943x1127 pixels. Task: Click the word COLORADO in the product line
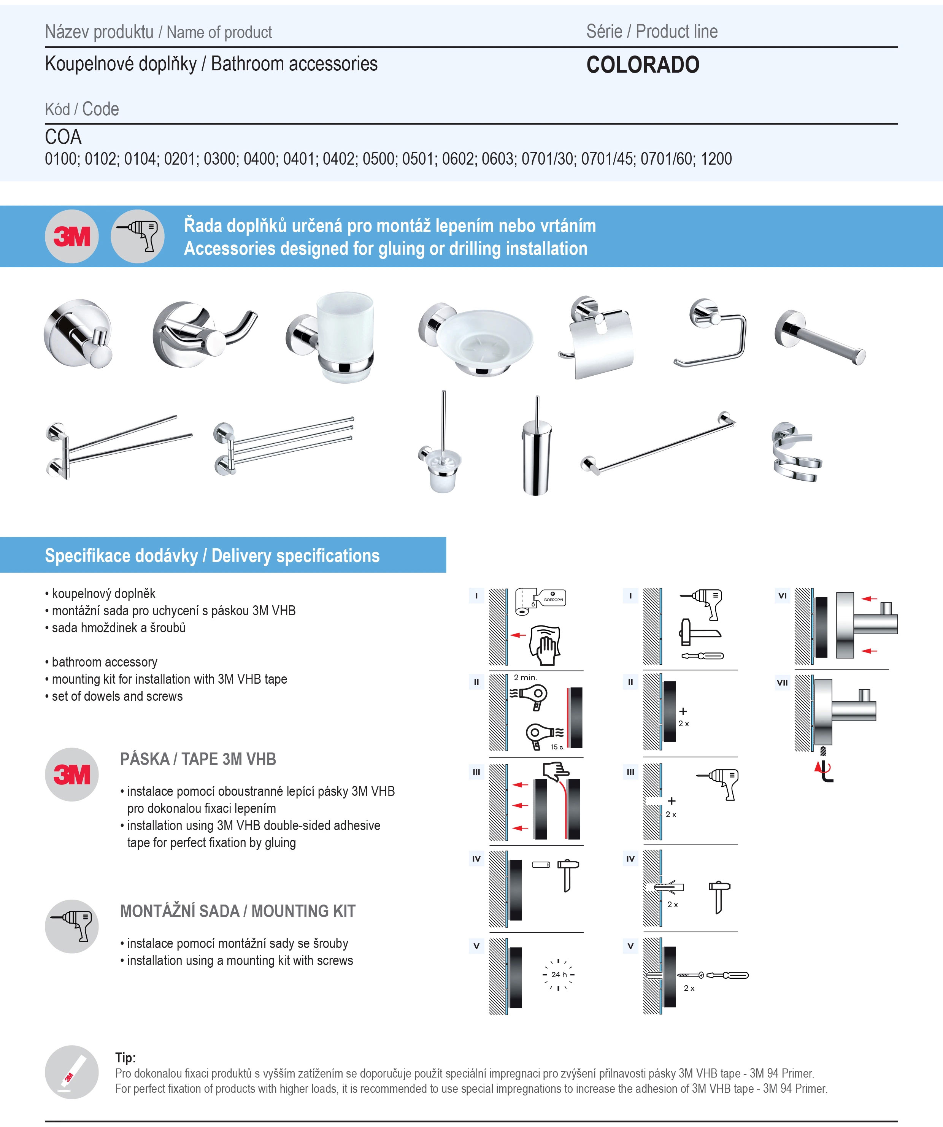click(x=643, y=65)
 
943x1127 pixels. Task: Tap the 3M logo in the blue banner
click(x=72, y=236)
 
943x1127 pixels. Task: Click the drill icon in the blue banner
click(x=137, y=236)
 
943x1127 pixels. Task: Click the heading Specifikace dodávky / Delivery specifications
click(x=212, y=556)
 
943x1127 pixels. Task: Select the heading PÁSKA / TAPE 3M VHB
click(x=198, y=759)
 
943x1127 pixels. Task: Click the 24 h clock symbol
click(x=558, y=975)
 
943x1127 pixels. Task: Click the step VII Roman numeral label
click(x=782, y=683)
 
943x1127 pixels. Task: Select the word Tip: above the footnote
click(x=125, y=1057)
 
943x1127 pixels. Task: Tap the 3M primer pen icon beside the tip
click(x=72, y=1072)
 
